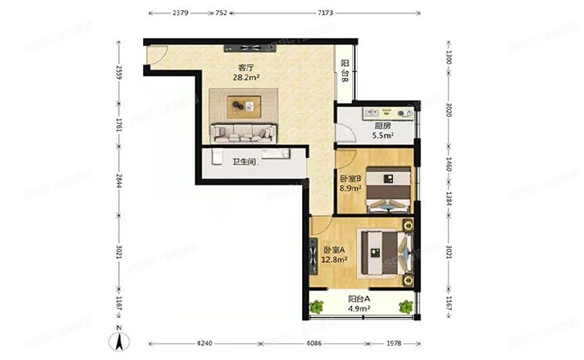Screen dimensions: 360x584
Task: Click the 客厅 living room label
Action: coord(232,68)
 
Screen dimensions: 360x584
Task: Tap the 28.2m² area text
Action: coord(245,77)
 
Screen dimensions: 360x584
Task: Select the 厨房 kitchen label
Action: coord(382,125)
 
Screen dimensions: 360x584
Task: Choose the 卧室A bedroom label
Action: coord(334,250)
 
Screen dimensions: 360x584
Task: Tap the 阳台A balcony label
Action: coord(359,298)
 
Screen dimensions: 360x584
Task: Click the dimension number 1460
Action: coord(449,166)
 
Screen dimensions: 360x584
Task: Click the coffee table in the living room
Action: coord(242,103)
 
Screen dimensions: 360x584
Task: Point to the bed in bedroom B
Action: coord(387,189)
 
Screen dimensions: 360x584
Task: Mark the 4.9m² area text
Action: coord(359,308)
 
